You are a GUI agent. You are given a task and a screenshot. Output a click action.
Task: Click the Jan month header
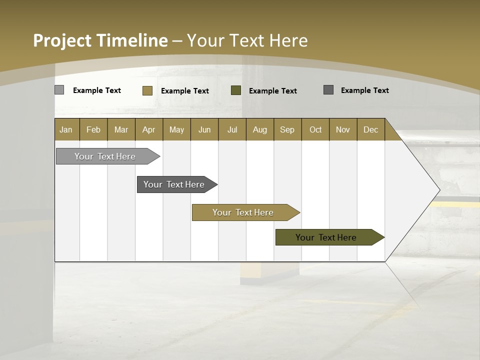pyautogui.click(x=66, y=129)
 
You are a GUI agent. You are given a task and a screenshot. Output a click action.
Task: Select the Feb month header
pyautogui.click(x=93, y=129)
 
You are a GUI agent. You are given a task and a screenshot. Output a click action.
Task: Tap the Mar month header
pyautogui.click(x=121, y=129)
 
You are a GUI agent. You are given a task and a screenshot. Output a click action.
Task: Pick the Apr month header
pyautogui.click(x=149, y=129)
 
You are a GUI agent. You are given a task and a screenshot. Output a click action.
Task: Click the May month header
pyautogui.click(x=176, y=129)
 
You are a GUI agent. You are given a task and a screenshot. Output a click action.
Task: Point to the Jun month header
pyautogui.click(x=204, y=129)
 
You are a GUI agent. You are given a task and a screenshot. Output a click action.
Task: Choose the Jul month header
pyautogui.click(x=232, y=129)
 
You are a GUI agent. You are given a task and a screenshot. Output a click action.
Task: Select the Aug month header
pyautogui.click(x=260, y=129)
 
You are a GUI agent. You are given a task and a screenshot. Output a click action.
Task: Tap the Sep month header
pyautogui.click(x=287, y=129)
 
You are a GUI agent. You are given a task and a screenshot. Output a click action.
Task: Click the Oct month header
pyautogui.click(x=315, y=129)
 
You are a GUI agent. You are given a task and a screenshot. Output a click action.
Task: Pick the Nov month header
pyautogui.click(x=343, y=129)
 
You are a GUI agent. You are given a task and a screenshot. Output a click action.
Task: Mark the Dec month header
pyautogui.click(x=371, y=129)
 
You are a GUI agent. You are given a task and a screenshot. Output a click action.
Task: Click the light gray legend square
pyautogui.click(x=59, y=90)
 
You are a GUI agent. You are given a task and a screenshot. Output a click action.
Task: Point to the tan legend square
pyautogui.click(x=147, y=90)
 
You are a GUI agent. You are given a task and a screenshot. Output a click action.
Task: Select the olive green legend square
pyautogui.click(x=236, y=90)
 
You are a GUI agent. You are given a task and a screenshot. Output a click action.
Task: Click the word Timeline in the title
pyautogui.click(x=132, y=40)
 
